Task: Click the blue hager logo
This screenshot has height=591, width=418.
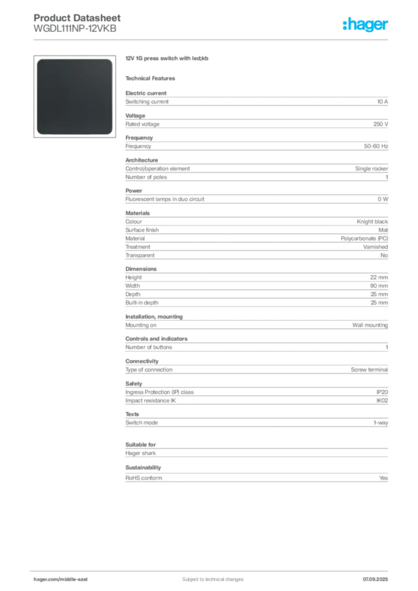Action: pos(367,25)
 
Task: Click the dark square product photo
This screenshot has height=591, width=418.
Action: pos(74,96)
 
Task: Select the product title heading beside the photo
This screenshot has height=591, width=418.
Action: pos(169,59)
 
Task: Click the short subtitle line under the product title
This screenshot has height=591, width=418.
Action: pos(153,77)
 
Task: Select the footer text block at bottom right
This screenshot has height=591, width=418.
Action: pos(379,576)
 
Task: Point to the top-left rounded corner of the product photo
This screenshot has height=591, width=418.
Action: pos(39,60)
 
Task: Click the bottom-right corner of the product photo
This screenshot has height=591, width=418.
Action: pos(110,132)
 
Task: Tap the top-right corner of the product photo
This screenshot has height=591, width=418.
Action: pos(110,60)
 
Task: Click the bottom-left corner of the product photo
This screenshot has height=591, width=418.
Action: pos(39,132)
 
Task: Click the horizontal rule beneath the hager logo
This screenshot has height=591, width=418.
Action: pos(212,40)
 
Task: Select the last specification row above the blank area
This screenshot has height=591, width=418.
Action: pos(256,477)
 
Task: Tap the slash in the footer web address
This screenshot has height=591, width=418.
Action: pos(59,579)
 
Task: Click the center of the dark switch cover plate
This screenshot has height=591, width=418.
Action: pos(74,96)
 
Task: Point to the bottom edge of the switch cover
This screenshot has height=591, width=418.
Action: pos(74,134)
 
